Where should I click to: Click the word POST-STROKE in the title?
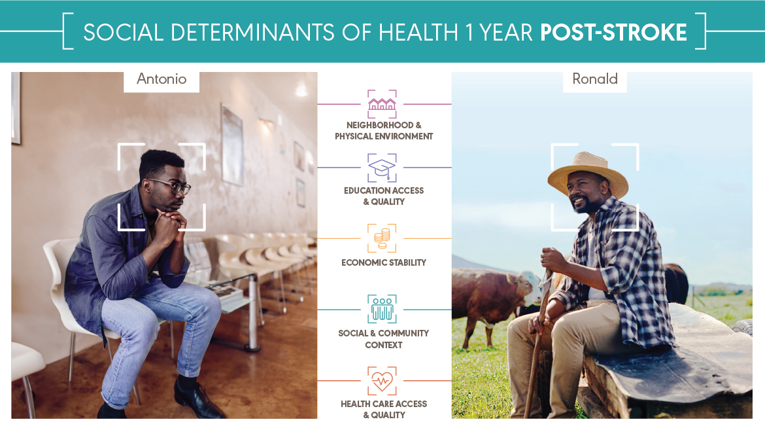tap(613, 32)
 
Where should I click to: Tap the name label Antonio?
tap(161, 79)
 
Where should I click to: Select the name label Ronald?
tap(595, 79)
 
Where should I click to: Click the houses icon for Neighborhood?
tap(382, 104)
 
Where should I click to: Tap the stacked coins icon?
tap(382, 238)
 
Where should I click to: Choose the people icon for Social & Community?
tap(382, 310)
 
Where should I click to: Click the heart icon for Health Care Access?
tap(382, 381)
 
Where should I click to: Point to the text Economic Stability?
tap(384, 262)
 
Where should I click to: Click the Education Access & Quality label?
tap(384, 196)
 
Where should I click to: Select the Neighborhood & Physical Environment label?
tap(384, 130)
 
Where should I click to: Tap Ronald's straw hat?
tap(588, 173)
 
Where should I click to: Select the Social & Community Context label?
tap(384, 338)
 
